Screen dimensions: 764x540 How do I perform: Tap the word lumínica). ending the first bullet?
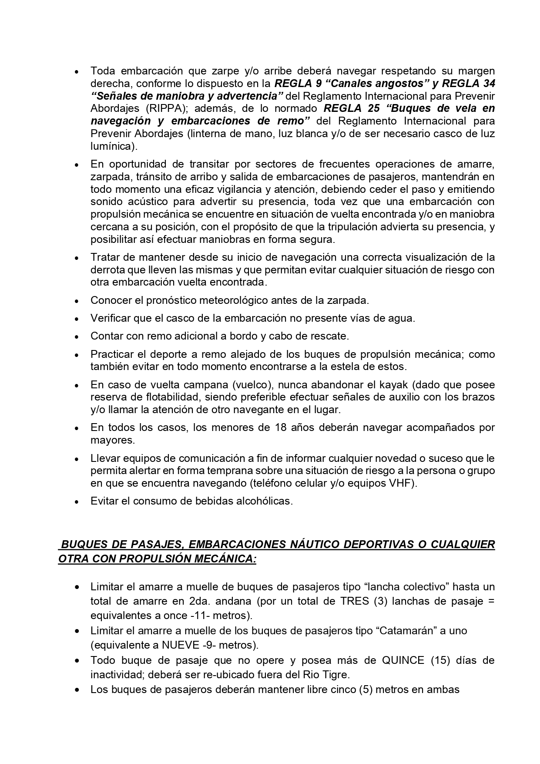click(x=114, y=146)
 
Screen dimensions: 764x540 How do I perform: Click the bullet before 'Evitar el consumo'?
click(x=77, y=502)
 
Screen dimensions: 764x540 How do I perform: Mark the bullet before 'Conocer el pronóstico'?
click(x=77, y=301)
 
